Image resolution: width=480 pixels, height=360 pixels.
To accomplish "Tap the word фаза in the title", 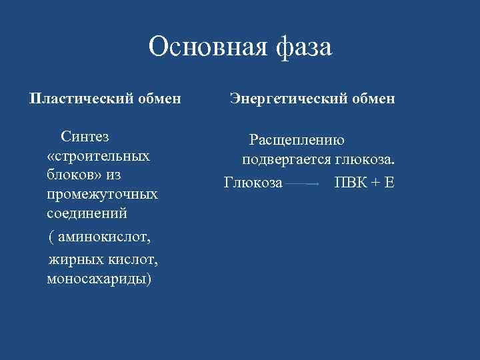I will click(301, 47).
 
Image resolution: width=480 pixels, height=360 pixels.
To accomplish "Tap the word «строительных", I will click(99, 156).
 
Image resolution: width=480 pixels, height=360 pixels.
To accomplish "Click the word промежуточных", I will click(102, 195).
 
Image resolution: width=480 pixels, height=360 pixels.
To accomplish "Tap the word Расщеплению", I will click(297, 140).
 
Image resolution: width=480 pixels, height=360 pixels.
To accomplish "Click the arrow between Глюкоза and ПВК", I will click(303, 183).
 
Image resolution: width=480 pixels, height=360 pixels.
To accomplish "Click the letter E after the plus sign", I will click(389, 182).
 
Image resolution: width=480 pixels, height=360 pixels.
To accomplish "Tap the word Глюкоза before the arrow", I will click(253, 182).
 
